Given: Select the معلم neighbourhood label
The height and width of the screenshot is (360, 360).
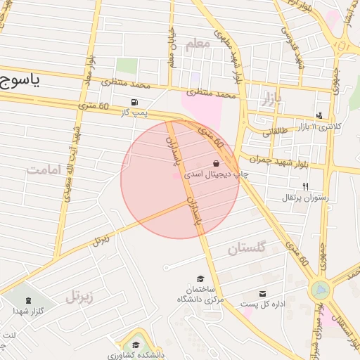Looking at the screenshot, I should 198,44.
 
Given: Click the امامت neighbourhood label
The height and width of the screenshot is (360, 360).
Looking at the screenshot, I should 44,169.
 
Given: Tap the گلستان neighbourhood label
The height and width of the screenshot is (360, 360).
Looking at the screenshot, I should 247,247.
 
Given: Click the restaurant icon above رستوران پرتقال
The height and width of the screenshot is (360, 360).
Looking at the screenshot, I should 304,186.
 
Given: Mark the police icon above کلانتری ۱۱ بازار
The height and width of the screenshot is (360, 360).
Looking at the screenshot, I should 321,115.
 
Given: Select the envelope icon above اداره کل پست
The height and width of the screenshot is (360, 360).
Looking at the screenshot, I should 263,293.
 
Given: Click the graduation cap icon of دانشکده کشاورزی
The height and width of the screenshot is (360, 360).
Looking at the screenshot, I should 134,345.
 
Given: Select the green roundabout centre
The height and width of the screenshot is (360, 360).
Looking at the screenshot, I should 321,288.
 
